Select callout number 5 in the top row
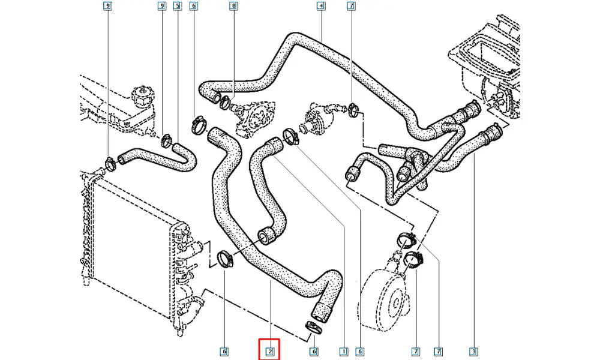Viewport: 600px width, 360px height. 177,7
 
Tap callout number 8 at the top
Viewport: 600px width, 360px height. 234,7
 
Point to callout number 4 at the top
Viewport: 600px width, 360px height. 321,7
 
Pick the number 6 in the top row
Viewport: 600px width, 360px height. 193,7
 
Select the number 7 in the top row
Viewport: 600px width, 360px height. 351,7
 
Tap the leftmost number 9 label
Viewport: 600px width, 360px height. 108,7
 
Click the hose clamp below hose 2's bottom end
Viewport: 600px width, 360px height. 313,326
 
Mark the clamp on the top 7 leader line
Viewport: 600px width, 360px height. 353,109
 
